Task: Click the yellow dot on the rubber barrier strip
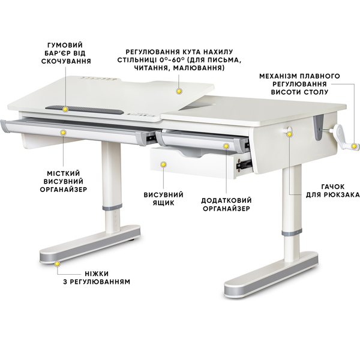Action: pyautogui.click(x=65, y=110)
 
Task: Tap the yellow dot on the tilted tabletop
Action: pyautogui.click(x=179, y=91)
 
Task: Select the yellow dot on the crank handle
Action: pyautogui.click(x=354, y=146)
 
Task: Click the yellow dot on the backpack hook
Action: pyautogui.click(x=290, y=134)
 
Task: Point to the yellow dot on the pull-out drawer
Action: pyautogui.click(x=163, y=164)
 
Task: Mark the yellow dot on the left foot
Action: pyautogui.click(x=57, y=264)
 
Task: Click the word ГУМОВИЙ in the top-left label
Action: pyautogui.click(x=65, y=45)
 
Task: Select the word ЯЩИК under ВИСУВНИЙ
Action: pyautogui.click(x=163, y=203)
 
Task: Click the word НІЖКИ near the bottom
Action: pyautogui.click(x=97, y=274)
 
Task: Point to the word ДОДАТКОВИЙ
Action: pyautogui.click(x=226, y=200)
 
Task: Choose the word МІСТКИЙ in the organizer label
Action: pyautogui.click(x=64, y=173)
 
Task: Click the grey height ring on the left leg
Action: pyautogui.click(x=112, y=208)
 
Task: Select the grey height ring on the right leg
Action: pyautogui.click(x=292, y=232)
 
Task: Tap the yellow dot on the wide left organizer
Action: pyautogui.click(x=64, y=133)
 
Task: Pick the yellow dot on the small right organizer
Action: pyautogui.click(x=226, y=146)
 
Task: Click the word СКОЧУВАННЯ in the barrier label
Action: pyautogui.click(x=66, y=61)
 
